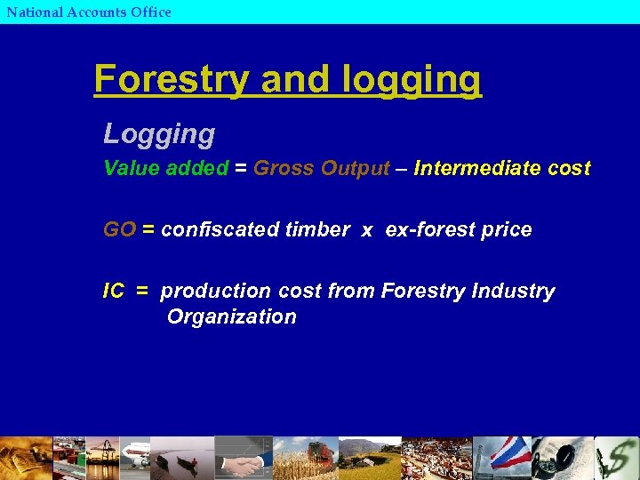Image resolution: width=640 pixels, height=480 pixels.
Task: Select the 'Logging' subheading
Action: click(x=159, y=134)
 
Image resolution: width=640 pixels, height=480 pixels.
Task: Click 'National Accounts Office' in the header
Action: click(x=88, y=12)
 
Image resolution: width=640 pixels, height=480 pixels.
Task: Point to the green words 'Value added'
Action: click(x=165, y=169)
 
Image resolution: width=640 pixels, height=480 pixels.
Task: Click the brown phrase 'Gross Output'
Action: click(x=321, y=169)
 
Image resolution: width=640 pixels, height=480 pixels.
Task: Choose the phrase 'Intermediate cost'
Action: click(x=501, y=169)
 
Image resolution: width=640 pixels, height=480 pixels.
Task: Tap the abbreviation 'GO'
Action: click(x=119, y=229)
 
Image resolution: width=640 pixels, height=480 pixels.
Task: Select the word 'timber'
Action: click(x=325, y=229)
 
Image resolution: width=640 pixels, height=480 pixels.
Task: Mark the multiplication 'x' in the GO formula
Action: click(x=367, y=230)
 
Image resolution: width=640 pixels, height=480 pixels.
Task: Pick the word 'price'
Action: click(x=506, y=229)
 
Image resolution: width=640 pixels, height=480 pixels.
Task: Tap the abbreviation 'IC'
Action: click(x=113, y=291)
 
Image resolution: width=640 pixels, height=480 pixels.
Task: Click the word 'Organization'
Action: click(x=231, y=316)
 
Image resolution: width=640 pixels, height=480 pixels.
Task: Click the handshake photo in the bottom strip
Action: click(x=242, y=458)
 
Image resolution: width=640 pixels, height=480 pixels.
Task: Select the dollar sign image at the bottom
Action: click(x=617, y=458)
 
